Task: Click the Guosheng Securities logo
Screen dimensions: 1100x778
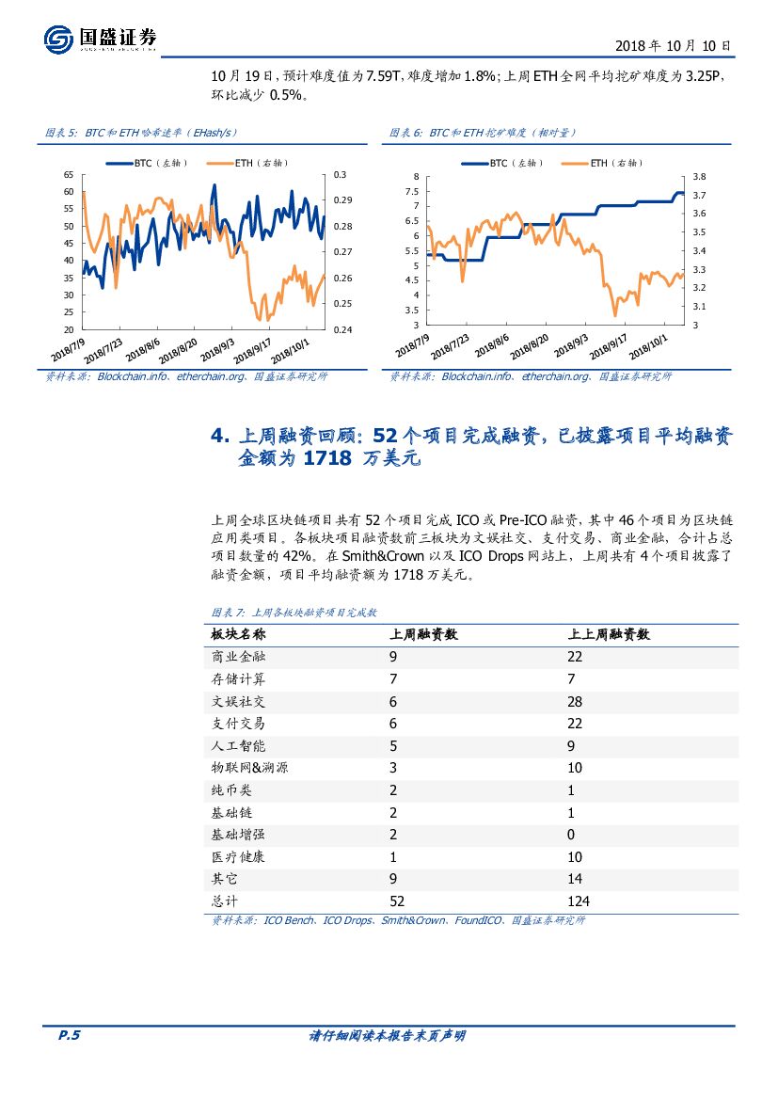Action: (100, 39)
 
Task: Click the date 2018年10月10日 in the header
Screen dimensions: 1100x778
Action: (673, 44)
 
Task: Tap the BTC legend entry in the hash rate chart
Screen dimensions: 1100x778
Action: (147, 163)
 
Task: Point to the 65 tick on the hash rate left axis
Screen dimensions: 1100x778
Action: (69, 175)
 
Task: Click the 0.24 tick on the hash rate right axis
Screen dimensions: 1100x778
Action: (341, 329)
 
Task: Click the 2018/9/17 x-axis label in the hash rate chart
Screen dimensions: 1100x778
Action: (252, 349)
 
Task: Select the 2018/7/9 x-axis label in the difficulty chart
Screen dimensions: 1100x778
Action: (413, 349)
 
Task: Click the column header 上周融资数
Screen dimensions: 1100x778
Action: (423, 634)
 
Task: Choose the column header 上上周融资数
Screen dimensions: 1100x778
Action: (609, 634)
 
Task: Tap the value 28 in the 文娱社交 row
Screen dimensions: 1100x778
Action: (575, 702)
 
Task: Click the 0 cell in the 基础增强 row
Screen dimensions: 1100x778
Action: (571, 835)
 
